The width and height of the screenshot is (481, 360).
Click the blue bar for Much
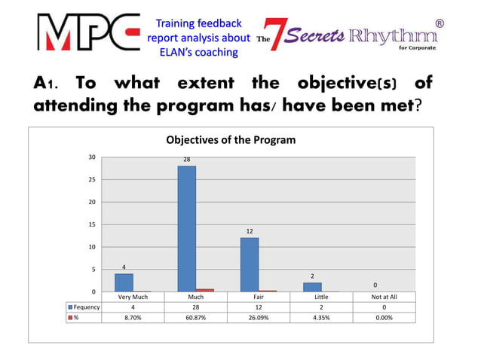coord(186,228)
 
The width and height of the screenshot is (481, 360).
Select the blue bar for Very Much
coord(124,282)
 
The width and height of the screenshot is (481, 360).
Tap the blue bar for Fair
coord(250,264)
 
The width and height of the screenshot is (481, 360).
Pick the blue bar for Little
coord(312,287)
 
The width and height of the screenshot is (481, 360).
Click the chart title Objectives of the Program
coord(231,140)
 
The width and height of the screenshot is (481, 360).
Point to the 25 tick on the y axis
coord(91,180)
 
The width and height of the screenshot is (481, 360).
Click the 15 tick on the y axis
coord(91,224)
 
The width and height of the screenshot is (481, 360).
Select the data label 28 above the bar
coord(186,160)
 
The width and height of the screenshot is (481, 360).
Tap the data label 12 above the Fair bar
coord(250,231)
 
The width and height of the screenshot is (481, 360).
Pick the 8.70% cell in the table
coord(132,318)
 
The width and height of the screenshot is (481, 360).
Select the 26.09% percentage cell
coord(258,318)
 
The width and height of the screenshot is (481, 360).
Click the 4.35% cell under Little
coord(320,318)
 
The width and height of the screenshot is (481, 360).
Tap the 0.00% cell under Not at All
coord(384,318)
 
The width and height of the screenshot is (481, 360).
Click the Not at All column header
coord(384,297)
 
